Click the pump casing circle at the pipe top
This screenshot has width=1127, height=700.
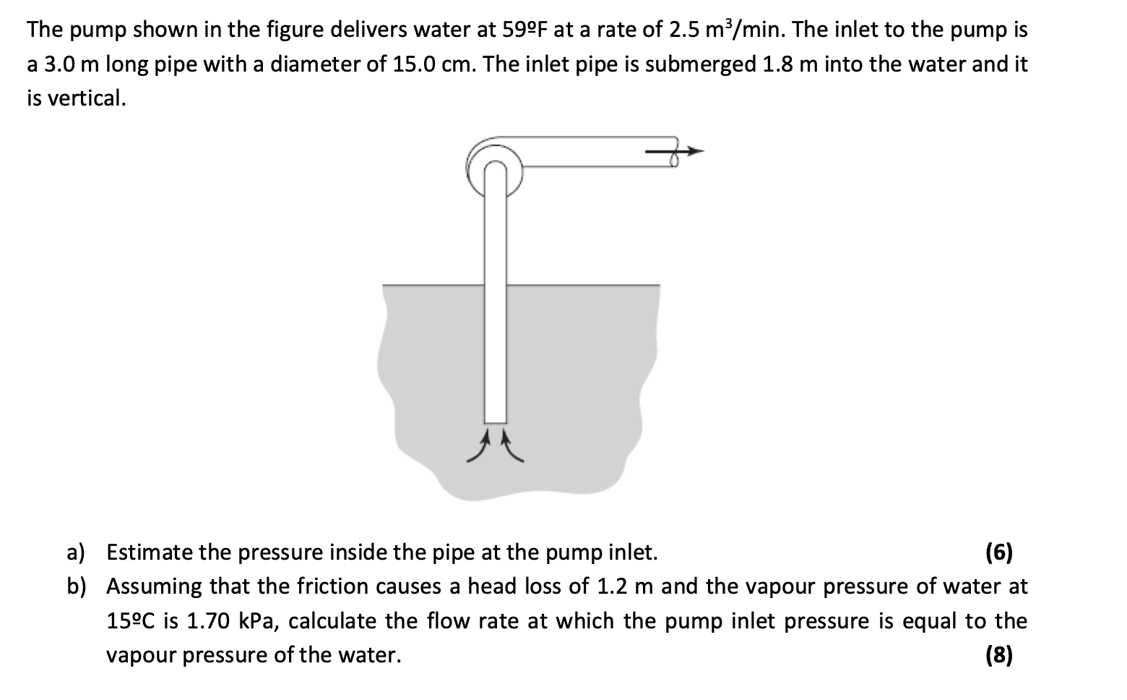pyautogui.click(x=495, y=168)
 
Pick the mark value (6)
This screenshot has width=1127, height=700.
pyautogui.click(x=999, y=553)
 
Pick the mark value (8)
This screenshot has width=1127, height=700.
pyautogui.click(x=999, y=655)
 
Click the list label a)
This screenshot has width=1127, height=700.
pyautogui.click(x=76, y=553)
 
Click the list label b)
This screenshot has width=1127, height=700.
pyautogui.click(x=76, y=586)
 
